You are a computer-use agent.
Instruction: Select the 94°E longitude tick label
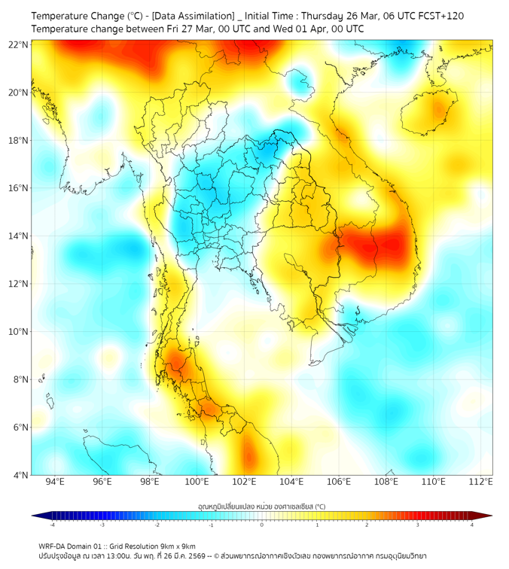(x=55, y=482)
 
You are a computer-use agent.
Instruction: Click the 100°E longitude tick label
(x=197, y=482)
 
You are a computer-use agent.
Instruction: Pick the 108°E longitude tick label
(x=387, y=482)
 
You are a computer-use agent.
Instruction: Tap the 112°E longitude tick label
(x=481, y=482)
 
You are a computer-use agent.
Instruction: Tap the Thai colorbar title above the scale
(x=261, y=507)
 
